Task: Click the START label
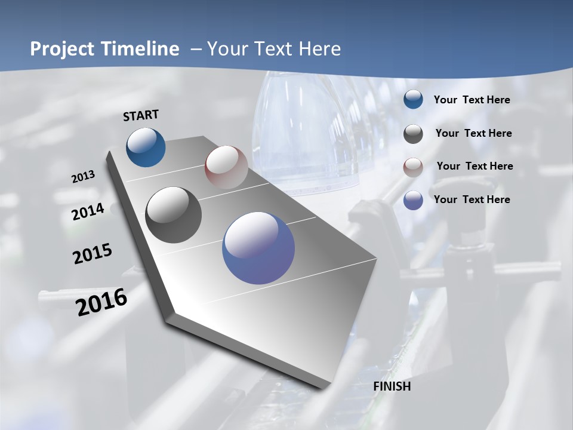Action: [x=141, y=115]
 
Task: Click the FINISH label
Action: [x=392, y=386]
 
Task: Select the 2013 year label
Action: [x=84, y=177]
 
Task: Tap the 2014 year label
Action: [x=88, y=211]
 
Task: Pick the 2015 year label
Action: [x=93, y=254]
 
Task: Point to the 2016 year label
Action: [x=101, y=302]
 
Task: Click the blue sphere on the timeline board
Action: [x=146, y=147]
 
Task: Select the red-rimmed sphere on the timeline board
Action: [x=226, y=167]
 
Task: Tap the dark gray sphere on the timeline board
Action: [x=174, y=215]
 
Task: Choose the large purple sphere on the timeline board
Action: [x=258, y=248]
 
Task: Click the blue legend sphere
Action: [x=413, y=100]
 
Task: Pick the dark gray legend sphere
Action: [x=413, y=134]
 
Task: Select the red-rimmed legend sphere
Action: [x=413, y=167]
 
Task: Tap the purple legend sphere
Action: [x=413, y=200]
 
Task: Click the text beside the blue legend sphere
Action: [x=472, y=100]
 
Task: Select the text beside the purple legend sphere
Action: [x=472, y=199]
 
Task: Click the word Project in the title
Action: [x=62, y=49]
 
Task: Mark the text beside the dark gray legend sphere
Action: [x=473, y=133]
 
